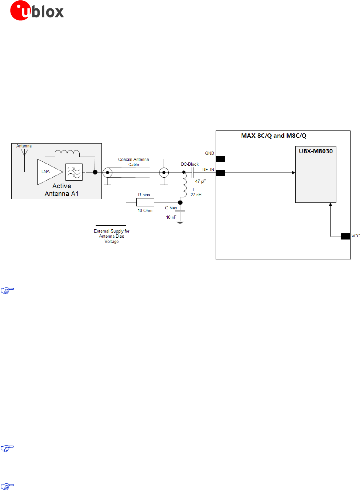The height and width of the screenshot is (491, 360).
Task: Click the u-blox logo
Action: [x=37, y=11]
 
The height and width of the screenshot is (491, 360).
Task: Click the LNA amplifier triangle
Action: [x=49, y=172]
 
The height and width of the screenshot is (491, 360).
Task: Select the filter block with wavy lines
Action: [x=74, y=172]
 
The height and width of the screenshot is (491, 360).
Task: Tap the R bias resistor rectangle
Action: [x=145, y=202]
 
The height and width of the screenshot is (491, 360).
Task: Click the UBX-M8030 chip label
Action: [x=316, y=151]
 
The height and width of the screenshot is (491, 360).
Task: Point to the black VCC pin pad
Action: [x=345, y=236]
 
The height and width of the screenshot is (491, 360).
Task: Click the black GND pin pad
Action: [x=220, y=159]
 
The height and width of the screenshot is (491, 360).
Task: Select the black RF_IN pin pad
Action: [x=220, y=173]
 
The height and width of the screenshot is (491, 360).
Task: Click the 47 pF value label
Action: [x=200, y=181]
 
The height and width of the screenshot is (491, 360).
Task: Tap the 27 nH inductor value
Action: [x=196, y=195]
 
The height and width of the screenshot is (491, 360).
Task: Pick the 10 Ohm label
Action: [x=145, y=210]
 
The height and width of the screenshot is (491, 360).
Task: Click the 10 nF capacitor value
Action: [x=171, y=217]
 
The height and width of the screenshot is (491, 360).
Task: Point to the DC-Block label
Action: [x=190, y=164]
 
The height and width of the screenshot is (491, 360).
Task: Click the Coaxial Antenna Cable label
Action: [x=133, y=162]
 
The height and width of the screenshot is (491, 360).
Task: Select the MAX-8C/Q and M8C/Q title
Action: [x=273, y=136]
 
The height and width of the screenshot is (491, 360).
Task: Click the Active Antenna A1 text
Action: [x=61, y=190]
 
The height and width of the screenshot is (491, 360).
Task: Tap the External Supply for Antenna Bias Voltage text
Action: [x=111, y=236]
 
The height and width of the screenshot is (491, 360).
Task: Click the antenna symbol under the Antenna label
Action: [x=24, y=152]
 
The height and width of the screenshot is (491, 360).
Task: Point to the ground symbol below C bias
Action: [x=180, y=222]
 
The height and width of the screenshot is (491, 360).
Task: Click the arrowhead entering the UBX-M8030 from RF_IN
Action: [x=293, y=173]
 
